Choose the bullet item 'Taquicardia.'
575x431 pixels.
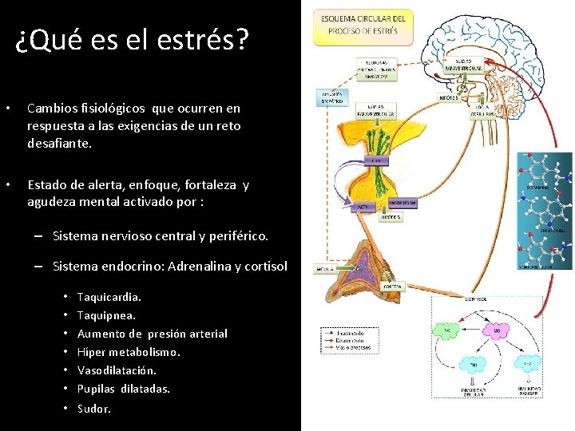(x=109, y=297)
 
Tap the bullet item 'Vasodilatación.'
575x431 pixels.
(x=117, y=370)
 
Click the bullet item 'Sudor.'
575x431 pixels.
(x=94, y=409)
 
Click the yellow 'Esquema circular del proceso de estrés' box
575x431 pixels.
(x=363, y=25)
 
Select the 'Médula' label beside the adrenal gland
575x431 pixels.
(x=327, y=271)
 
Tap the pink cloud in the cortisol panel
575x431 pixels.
(x=496, y=329)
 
